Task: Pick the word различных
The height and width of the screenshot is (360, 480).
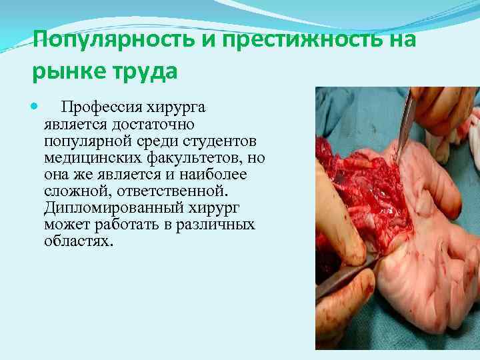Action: pos(216,225)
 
